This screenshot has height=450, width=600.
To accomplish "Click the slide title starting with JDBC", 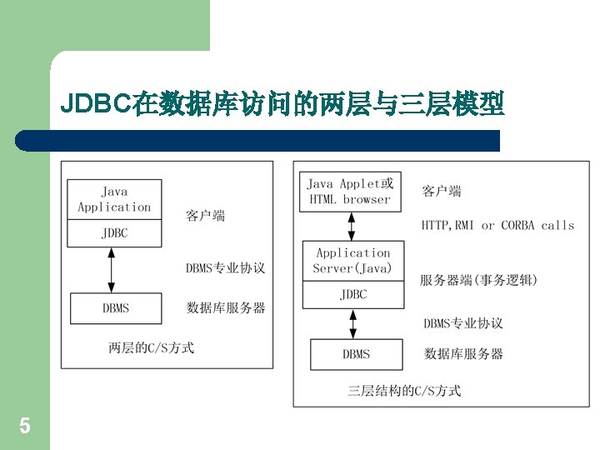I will coord(282,106).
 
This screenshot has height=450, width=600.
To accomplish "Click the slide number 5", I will coord(25,427).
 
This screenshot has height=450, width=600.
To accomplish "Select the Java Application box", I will coord(114,200).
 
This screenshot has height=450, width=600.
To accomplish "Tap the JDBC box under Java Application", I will coord(114,233).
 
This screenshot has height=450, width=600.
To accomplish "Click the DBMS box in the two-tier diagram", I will coord(115,308).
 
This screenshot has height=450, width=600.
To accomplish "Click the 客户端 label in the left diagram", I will coord(205,217).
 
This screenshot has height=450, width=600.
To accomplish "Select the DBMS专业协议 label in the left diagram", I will coord(225,268).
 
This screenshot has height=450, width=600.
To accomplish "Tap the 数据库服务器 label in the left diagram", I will coord(226,307).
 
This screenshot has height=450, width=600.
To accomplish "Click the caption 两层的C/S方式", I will coord(151,347).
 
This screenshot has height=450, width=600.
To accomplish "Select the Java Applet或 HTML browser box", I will coord(350,192).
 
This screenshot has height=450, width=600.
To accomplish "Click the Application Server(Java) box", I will coord(352,261).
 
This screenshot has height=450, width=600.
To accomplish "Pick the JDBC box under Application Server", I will coord(352,294).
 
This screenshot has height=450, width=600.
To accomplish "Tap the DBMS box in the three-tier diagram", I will coord(356,354).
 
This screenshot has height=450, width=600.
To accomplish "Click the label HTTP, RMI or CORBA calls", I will coord(497,225).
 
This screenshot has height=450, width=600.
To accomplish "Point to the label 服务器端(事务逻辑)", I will coord(478,281).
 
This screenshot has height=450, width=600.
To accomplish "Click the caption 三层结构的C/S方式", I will coord(403,390).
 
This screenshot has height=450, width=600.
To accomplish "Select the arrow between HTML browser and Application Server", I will coord(351,226).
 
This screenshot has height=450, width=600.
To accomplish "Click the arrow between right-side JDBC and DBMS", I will coord(353,322).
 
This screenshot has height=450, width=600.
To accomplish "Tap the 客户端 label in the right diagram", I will coord(442,192).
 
